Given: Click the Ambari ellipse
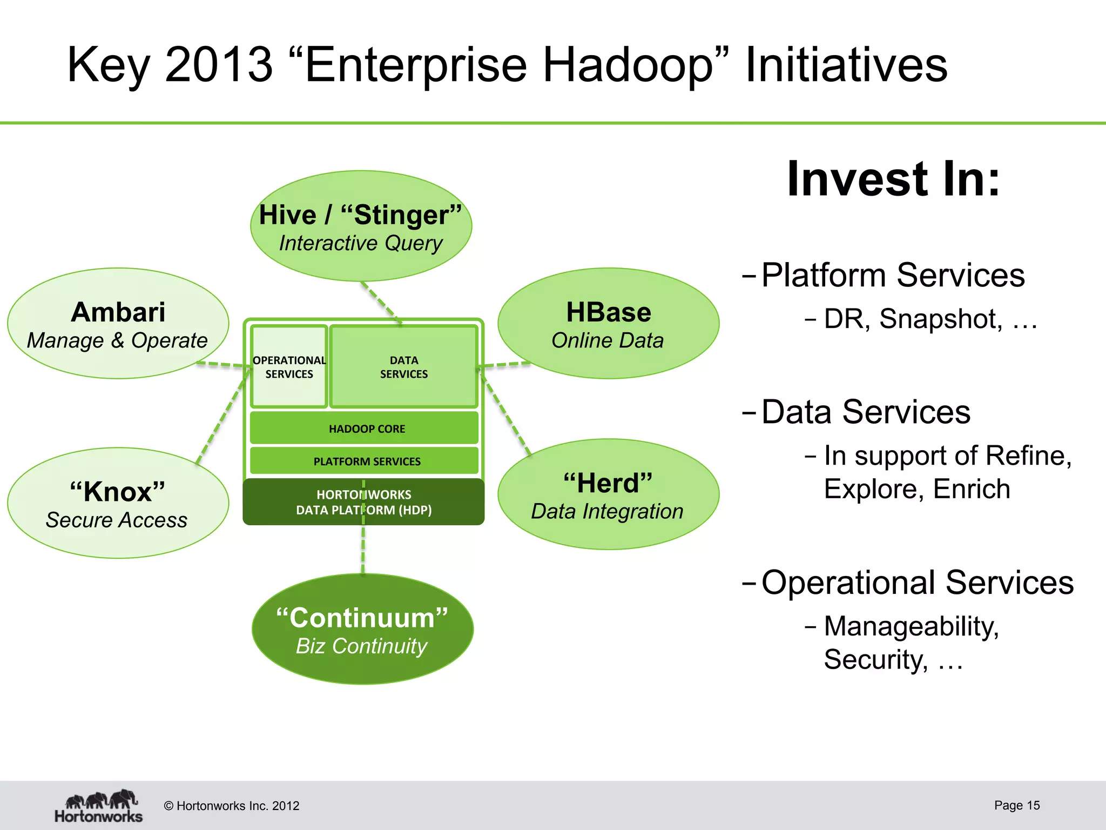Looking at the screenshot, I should click(x=118, y=323).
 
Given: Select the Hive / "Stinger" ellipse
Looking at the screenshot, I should click(x=361, y=226).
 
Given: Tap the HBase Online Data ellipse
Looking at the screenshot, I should click(x=608, y=323).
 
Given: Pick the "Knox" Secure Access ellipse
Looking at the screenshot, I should click(x=118, y=503).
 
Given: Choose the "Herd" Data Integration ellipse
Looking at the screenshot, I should click(x=608, y=494).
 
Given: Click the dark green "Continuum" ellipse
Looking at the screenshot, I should click(x=362, y=629).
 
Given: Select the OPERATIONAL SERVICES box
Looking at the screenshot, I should click(x=289, y=367).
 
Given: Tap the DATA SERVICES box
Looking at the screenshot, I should click(x=404, y=367).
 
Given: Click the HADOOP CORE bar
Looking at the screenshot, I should click(x=366, y=429).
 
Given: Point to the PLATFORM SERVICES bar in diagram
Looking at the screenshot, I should click(x=366, y=461).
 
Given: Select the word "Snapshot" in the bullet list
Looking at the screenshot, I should click(x=940, y=319).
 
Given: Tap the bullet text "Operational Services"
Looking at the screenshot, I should click(x=917, y=583).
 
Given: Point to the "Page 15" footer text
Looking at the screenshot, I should click(x=1016, y=805).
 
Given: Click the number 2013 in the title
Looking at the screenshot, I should click(x=219, y=65).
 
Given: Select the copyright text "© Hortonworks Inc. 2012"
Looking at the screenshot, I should click(x=232, y=806).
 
